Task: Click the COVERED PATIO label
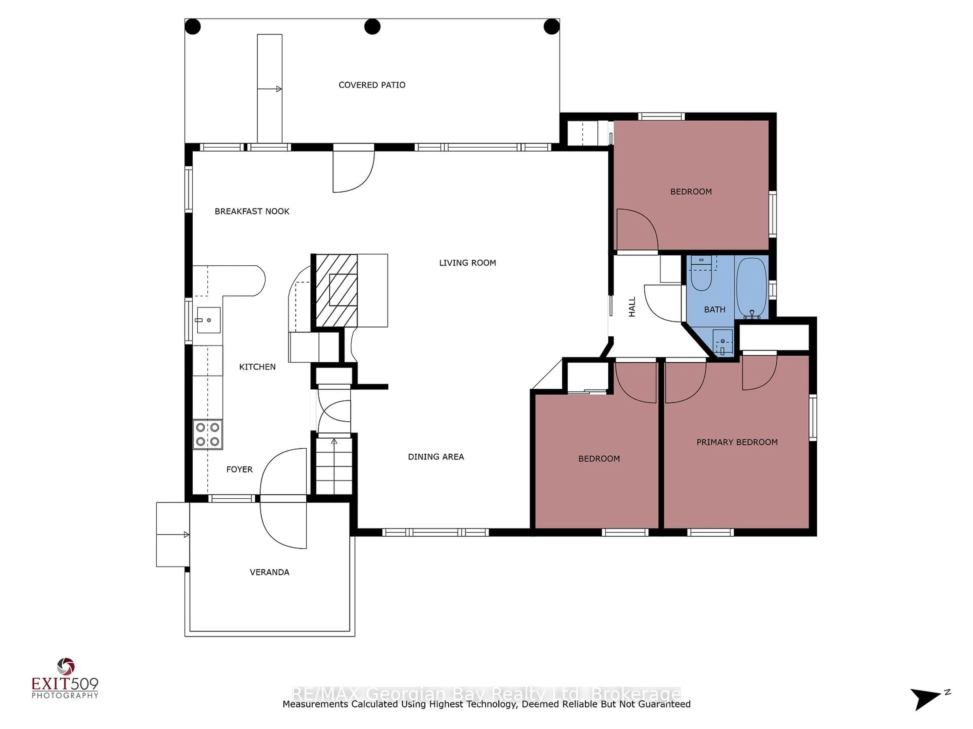pos(372,85)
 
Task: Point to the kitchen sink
pos(208,320)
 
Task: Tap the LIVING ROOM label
pos(467,263)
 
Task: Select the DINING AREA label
pos(436,457)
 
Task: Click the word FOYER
pos(239,469)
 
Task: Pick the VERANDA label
pos(269,572)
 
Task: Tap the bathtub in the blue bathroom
pos(751,287)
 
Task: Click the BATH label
pos(714,309)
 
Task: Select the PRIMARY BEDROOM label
pos(737,442)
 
